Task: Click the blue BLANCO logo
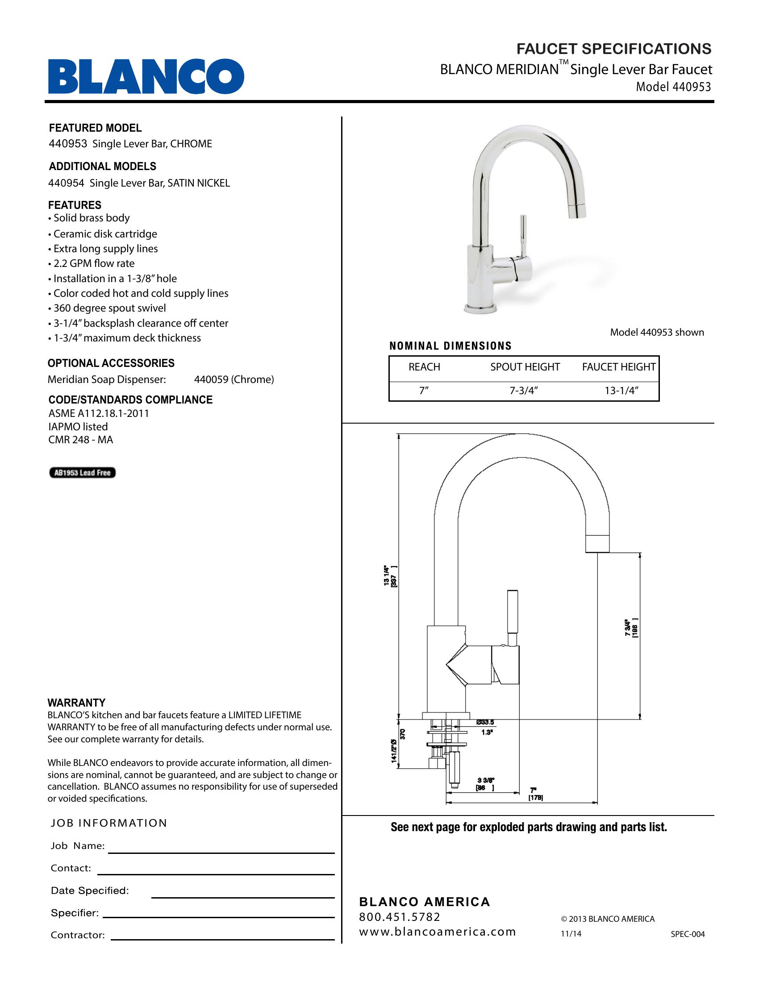pos(146,76)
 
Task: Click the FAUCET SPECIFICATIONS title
pos(614,49)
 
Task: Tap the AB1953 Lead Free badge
pos(82,473)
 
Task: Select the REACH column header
pos(424,367)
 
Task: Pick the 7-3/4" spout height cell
pos(524,391)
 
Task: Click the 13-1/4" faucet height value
pos(621,391)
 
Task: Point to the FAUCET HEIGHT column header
pos(619,367)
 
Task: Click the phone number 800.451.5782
pos(400,917)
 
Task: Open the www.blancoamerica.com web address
pos(438,932)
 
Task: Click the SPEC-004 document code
pos(688,934)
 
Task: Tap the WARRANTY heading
pos(76,703)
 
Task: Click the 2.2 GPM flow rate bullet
pos(93,263)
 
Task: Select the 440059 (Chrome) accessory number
pos(234,379)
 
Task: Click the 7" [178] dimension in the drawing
pos(535,794)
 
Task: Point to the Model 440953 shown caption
pos(656,332)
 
